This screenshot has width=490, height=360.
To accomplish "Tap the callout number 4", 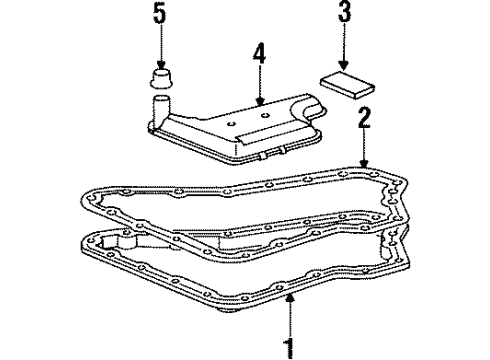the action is pos(259,54).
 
